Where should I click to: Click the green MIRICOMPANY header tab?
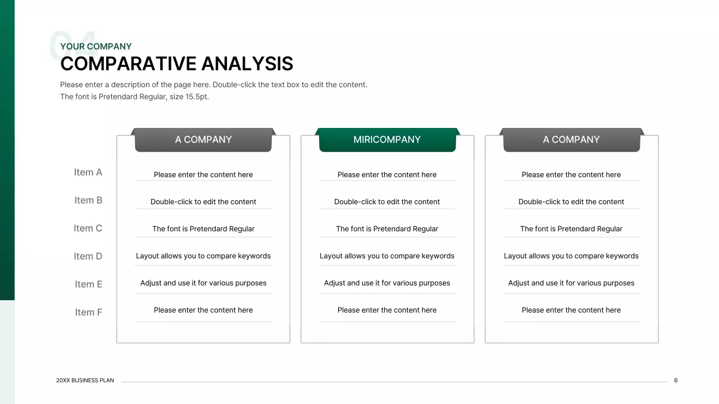coord(387,140)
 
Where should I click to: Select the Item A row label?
coord(88,172)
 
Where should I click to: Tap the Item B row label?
coord(88,200)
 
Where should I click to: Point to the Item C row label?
coord(88,228)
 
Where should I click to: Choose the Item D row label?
coord(88,256)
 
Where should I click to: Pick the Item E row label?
coord(89,284)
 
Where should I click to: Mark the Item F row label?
coord(89,313)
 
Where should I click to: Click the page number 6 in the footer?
coord(676,380)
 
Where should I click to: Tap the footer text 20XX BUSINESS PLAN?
coord(85,380)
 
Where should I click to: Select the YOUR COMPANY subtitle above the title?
coord(96,47)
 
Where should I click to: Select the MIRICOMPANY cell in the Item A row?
coord(387,175)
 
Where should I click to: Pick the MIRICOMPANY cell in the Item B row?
coord(387,201)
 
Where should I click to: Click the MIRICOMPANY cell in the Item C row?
coord(387,229)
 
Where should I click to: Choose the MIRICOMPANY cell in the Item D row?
coord(387,256)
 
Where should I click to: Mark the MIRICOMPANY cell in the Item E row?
coord(387,283)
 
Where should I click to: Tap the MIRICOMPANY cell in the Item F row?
coord(387,310)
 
